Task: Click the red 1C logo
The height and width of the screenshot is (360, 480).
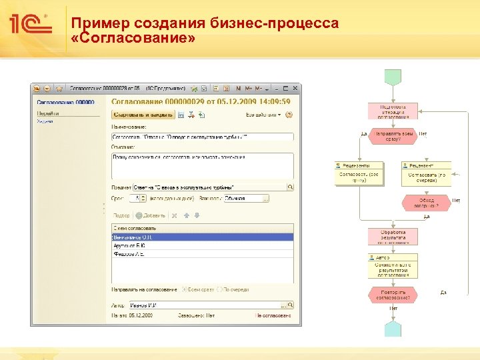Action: [x=29, y=25]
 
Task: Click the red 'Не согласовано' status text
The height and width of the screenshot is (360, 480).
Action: [x=273, y=315]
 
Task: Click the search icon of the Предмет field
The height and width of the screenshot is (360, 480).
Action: [x=290, y=187]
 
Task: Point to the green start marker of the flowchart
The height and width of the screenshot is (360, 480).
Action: [x=394, y=90]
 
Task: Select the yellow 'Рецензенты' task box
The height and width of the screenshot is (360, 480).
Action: [x=360, y=173]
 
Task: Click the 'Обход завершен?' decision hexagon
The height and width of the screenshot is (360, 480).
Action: [x=427, y=202]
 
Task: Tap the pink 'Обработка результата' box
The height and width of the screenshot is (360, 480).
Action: [x=394, y=237]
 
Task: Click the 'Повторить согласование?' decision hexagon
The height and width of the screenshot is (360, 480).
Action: [x=394, y=295]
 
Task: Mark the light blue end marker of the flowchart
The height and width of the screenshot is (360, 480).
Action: [x=394, y=327]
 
